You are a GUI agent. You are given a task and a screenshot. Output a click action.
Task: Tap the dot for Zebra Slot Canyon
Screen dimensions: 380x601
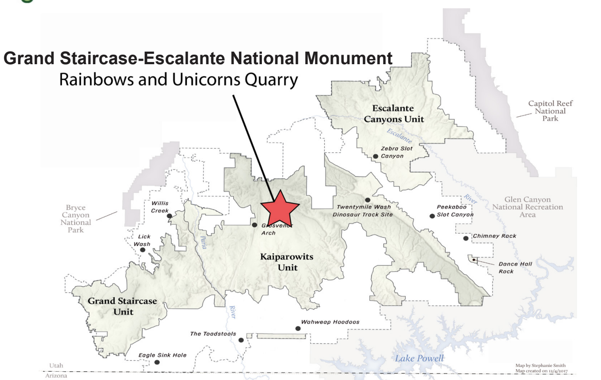tap(376, 156)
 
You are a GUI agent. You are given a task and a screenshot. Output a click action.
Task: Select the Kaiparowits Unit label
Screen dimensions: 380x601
tap(287, 262)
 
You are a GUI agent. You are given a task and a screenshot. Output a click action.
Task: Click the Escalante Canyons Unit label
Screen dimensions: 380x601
tap(393, 114)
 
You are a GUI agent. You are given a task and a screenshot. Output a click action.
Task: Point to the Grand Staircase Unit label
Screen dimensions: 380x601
tap(122, 306)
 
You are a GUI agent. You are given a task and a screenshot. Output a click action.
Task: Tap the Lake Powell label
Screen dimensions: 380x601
tap(419, 358)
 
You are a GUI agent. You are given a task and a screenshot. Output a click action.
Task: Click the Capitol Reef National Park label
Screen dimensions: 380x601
tap(550, 111)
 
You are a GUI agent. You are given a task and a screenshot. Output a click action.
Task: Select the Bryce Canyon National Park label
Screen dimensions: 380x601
tap(76, 219)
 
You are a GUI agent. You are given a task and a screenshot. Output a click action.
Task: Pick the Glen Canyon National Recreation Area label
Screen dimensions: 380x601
tap(527, 207)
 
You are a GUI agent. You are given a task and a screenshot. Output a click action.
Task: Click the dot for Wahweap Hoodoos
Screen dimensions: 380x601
tap(298, 328)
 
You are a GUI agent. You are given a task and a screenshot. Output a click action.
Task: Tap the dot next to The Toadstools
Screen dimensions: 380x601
tap(241, 340)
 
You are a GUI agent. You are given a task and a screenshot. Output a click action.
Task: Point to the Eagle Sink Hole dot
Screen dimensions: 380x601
tap(157, 362)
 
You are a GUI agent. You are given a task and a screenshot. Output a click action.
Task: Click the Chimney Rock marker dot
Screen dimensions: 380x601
tap(466, 238)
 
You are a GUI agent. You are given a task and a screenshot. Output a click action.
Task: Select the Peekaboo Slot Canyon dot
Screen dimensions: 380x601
tap(432, 216)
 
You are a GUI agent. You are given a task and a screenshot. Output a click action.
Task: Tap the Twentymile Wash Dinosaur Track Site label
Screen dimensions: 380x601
tap(363, 211)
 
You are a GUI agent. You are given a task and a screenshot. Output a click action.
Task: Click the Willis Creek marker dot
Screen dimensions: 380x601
tap(170, 216)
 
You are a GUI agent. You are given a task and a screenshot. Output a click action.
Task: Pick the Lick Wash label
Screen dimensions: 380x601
tap(143, 240)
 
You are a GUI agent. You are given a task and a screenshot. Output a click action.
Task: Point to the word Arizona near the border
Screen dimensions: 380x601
tap(56, 376)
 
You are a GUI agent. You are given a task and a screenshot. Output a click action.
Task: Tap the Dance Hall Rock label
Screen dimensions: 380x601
tap(515, 268)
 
